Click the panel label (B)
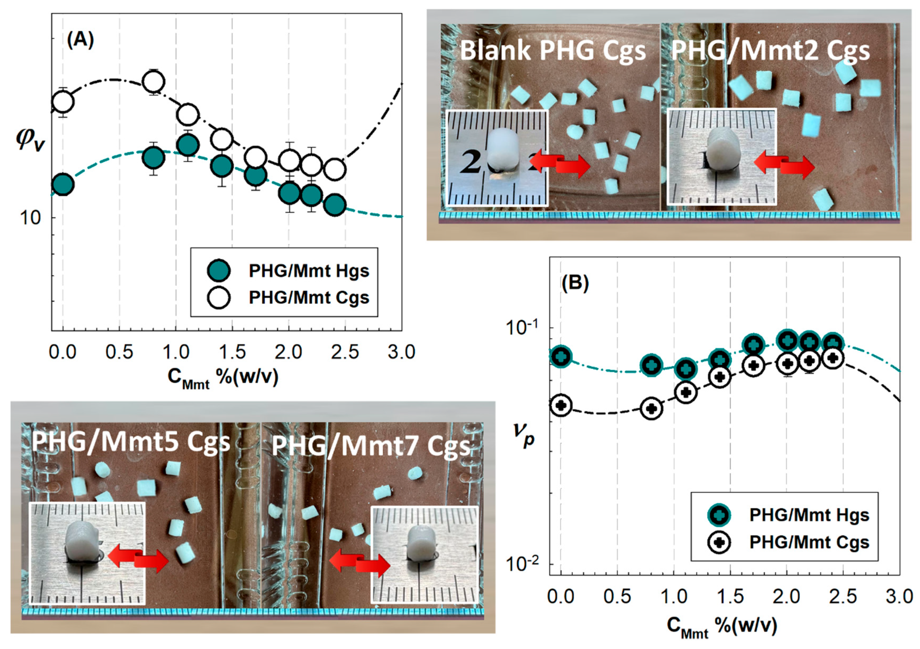point(575,283)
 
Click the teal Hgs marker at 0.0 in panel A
point(63,185)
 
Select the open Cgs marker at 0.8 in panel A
point(153,82)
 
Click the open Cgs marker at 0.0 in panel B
point(561,405)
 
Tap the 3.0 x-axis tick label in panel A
point(401,352)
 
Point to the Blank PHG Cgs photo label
point(553,51)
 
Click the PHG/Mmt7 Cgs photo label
point(371,446)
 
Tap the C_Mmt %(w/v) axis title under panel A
point(223,378)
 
